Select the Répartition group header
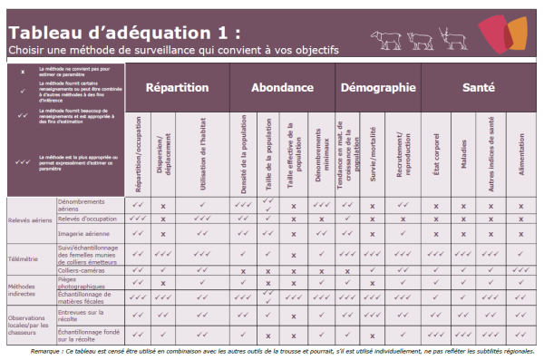(x=177, y=88)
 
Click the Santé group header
(x=478, y=88)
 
